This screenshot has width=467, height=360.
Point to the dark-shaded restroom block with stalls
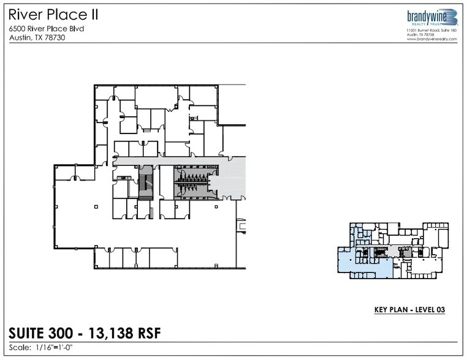pyautogui.click(x=192, y=182)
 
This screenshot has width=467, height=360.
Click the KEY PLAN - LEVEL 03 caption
pyautogui.click(x=409, y=310)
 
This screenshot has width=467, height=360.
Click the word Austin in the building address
pyautogui.click(x=18, y=37)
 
